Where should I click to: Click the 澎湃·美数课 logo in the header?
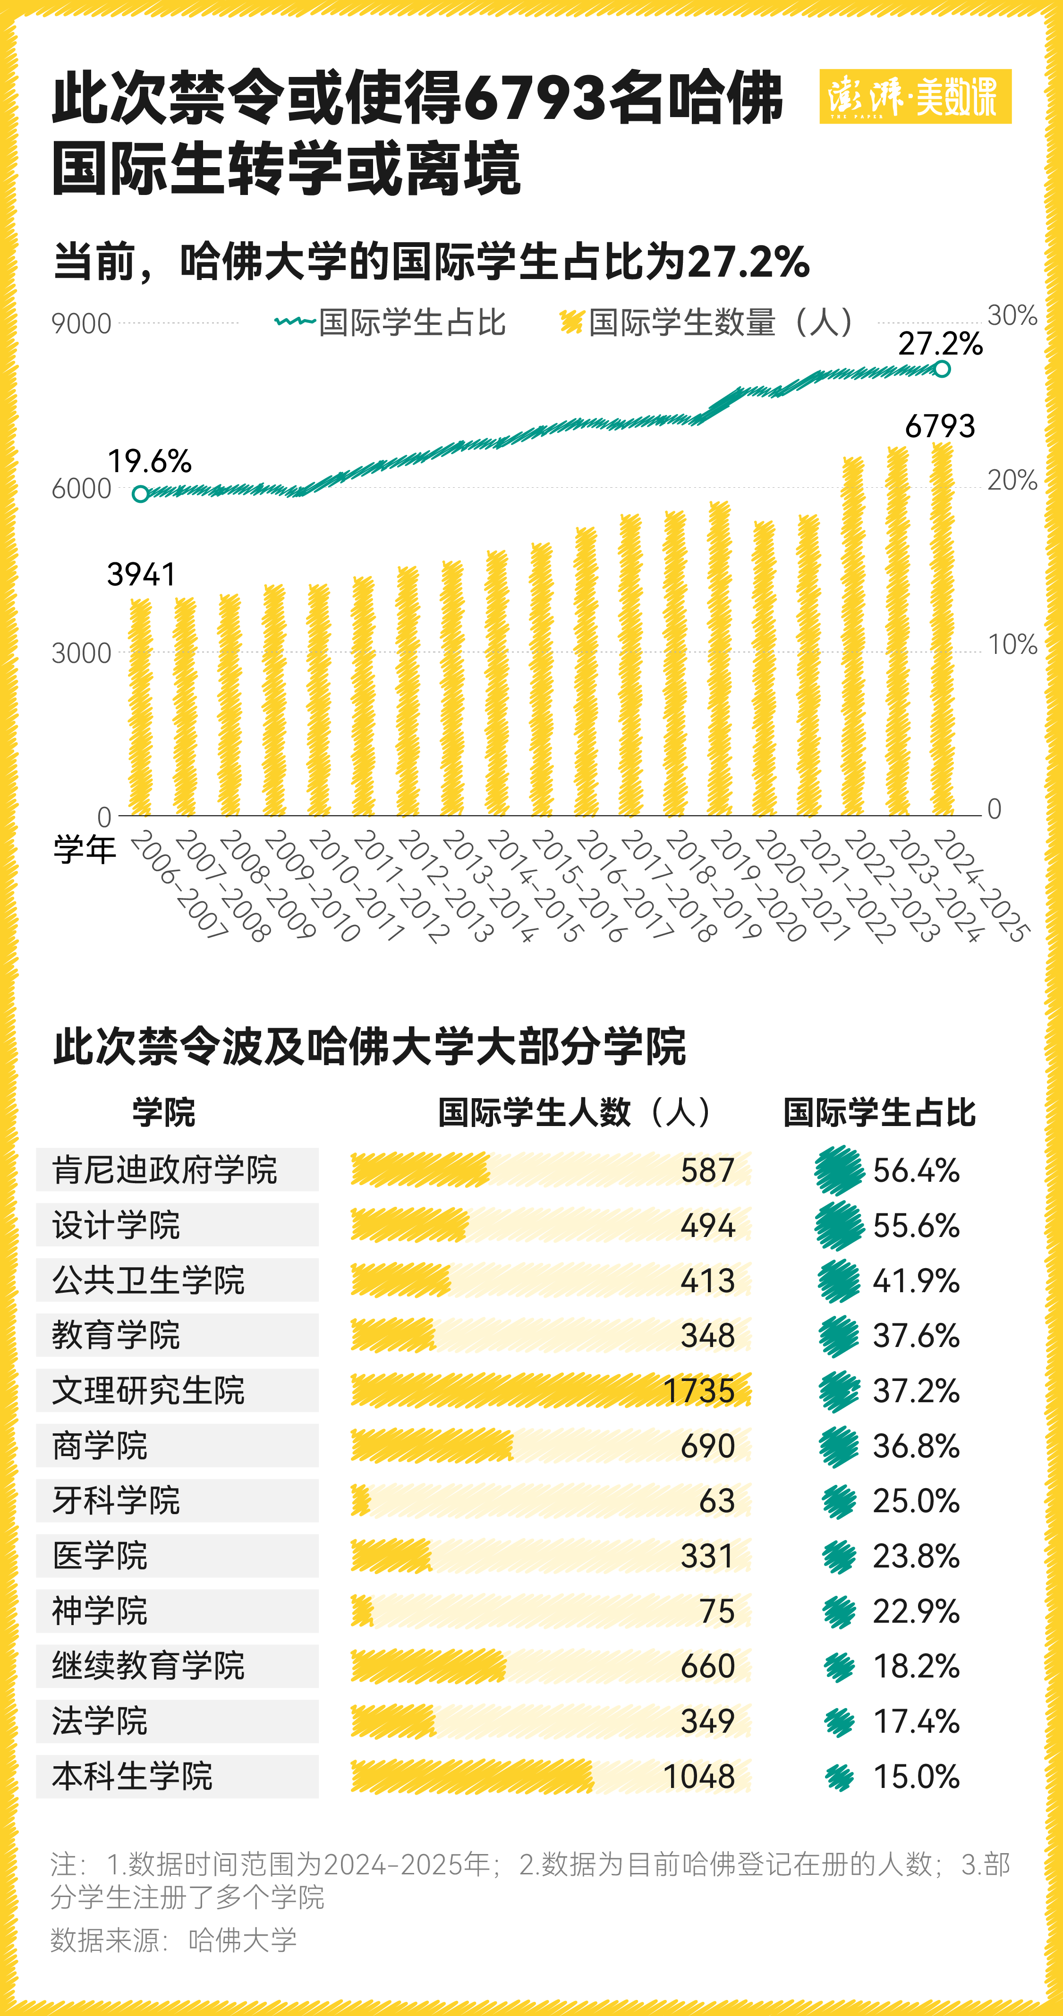[x=914, y=96]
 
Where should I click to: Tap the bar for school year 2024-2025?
[x=942, y=629]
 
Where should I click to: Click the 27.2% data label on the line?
[x=939, y=344]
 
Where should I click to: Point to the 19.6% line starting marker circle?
[x=141, y=494]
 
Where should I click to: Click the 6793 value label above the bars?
[x=939, y=426]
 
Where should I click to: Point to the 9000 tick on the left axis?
[x=81, y=324]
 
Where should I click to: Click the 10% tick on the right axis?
[x=1012, y=645]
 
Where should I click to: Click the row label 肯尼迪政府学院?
[x=164, y=1170]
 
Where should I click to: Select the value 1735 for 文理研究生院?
[x=698, y=1391]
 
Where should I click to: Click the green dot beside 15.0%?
[x=839, y=1777]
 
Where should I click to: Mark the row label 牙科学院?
[x=116, y=1500]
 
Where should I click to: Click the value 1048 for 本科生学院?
[x=698, y=1777]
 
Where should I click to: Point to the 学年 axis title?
[x=85, y=849]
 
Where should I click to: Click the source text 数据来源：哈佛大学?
[x=174, y=1940]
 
